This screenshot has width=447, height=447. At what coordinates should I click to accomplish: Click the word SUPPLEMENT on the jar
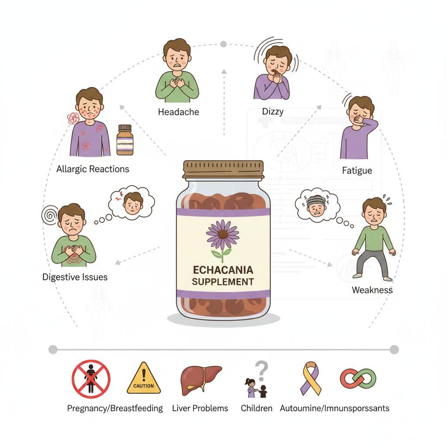click(x=223, y=282)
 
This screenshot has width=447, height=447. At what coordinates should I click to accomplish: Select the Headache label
click(x=178, y=112)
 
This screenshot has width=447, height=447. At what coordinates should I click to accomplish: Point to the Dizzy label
click(x=273, y=111)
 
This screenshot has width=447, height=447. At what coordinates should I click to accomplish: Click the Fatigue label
click(x=357, y=171)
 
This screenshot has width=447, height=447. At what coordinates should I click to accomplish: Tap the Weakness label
click(x=372, y=290)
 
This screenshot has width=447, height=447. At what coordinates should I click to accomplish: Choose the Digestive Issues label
click(x=75, y=277)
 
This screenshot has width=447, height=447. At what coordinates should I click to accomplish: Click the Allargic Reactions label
click(x=93, y=169)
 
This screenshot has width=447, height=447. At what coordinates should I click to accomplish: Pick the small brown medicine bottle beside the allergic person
click(x=125, y=140)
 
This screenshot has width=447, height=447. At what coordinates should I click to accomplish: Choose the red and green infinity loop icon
click(x=358, y=378)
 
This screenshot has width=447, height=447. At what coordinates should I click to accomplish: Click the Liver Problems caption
click(x=200, y=409)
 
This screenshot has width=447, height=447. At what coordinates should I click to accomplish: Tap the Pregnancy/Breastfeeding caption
click(x=115, y=409)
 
